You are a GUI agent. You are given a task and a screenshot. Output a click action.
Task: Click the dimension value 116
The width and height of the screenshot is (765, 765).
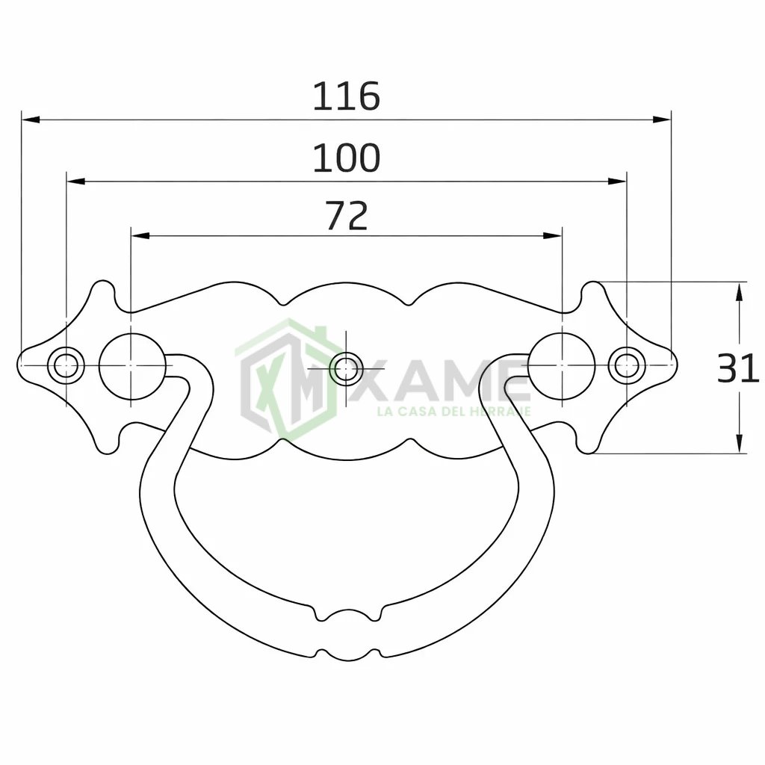point(346,96)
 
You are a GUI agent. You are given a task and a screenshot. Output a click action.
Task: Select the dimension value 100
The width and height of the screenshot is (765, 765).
point(346,158)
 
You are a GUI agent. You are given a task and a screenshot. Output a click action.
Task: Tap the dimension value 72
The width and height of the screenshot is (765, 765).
point(347,216)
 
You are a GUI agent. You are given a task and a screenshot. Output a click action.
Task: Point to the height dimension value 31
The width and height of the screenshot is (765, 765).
point(737,368)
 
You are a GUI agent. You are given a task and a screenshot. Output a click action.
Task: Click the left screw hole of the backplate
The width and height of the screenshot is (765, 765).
point(66,365)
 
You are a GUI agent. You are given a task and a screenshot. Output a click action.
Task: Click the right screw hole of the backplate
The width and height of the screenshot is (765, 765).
point(627,365)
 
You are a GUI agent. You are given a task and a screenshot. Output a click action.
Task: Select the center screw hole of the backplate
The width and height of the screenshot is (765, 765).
point(346,368)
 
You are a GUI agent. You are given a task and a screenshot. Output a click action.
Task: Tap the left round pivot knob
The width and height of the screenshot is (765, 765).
point(131,366)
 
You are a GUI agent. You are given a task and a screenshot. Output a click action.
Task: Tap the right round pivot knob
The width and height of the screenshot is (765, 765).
point(562,366)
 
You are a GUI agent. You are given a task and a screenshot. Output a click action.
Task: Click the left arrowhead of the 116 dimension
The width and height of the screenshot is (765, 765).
point(30,120)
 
